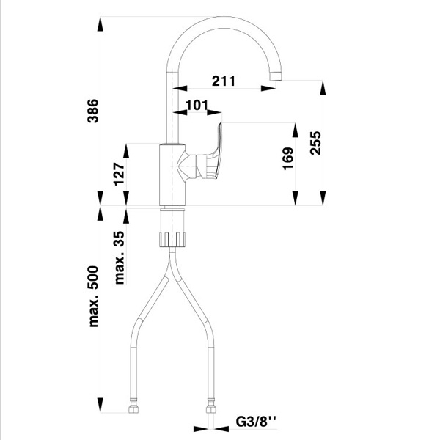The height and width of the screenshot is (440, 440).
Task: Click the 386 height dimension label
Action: click(93, 111)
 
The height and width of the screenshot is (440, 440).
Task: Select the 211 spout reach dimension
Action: click(224, 81)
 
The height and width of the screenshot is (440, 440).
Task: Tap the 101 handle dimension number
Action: click(197, 105)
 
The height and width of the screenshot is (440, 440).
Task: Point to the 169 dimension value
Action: click(288, 158)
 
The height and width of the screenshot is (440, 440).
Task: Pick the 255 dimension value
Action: click(315, 143)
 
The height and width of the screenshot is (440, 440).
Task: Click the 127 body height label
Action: click(119, 174)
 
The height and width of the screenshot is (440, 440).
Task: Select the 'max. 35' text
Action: click(120, 257)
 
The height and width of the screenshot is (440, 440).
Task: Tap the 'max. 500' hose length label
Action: click(93, 296)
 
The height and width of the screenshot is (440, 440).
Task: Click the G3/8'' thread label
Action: click(256, 422)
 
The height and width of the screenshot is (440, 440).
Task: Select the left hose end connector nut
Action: click(133, 409)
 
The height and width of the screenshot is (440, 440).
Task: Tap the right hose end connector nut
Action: click(211, 409)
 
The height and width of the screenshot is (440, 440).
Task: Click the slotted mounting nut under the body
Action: click(172, 239)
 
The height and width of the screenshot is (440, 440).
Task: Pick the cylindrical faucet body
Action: click(172, 175)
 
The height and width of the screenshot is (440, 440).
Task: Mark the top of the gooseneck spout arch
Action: click(224, 22)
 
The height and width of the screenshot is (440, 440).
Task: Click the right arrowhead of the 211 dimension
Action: click(268, 89)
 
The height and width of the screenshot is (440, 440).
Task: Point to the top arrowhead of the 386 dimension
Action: click(100, 24)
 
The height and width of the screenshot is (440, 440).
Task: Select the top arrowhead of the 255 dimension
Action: click(323, 88)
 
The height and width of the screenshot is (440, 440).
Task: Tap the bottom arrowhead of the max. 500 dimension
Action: click(100, 406)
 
